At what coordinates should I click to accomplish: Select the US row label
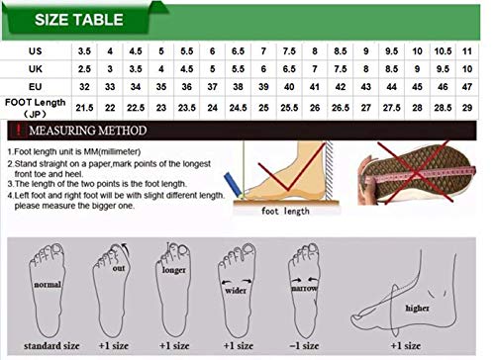[36, 49]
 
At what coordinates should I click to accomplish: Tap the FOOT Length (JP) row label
[36, 104]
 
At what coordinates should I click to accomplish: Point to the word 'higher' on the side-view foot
[417, 308]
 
